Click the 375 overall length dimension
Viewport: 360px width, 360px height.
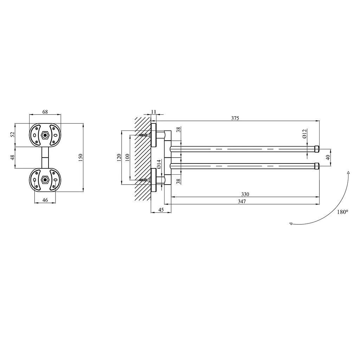(x=235, y=118)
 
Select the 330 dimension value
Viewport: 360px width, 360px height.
(x=245, y=194)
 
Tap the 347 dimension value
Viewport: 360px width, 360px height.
(x=242, y=201)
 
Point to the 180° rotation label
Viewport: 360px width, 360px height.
(x=342, y=212)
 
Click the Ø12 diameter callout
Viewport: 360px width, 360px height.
(x=304, y=134)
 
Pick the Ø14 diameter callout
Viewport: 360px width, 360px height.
(x=159, y=165)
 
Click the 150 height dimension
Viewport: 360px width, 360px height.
(x=81, y=157)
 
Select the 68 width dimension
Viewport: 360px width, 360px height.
(x=45, y=112)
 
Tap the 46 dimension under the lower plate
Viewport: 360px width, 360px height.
(x=45, y=200)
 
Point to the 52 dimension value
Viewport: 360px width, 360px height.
(x=13, y=134)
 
